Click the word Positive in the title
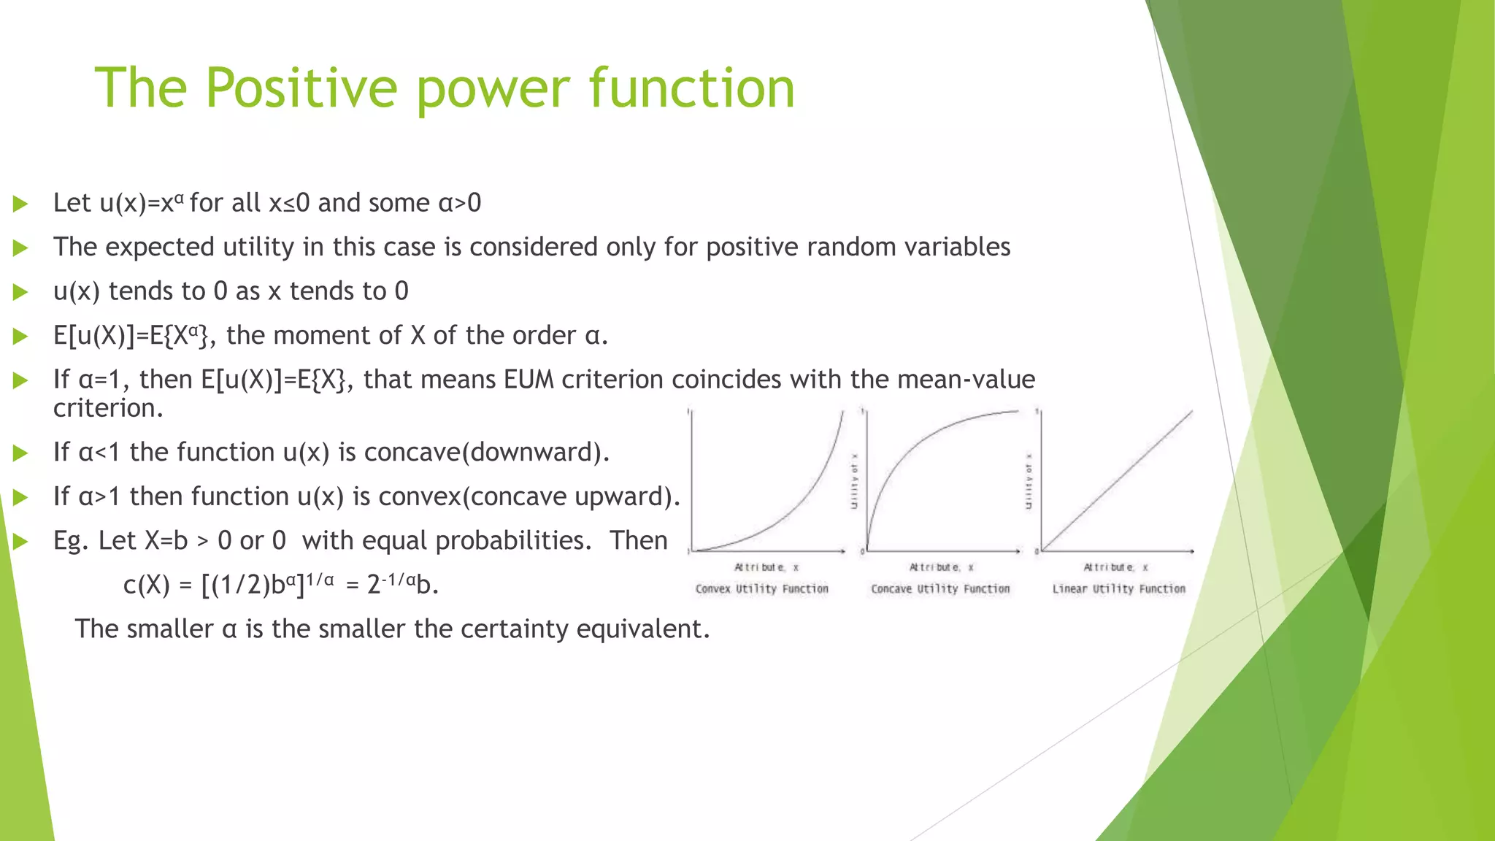point(301,88)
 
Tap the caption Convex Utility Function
point(761,588)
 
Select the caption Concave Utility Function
point(939,588)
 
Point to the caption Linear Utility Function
point(1118,588)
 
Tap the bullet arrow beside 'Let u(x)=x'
point(20,204)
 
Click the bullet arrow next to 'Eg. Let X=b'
point(20,541)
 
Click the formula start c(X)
point(146,585)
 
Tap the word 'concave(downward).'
point(486,453)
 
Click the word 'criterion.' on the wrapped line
point(108,408)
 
